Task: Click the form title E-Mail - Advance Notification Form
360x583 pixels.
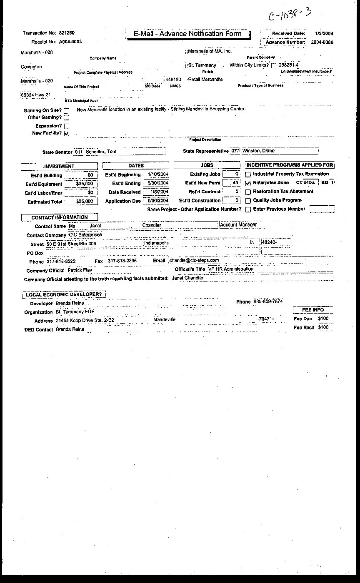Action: [x=187, y=34]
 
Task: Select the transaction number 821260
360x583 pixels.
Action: [x=67, y=33]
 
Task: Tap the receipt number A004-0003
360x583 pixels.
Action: [x=70, y=42]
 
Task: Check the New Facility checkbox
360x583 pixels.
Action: [x=67, y=133]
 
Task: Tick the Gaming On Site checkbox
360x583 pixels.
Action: [x=67, y=111]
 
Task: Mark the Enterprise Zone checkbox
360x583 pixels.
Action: [x=248, y=183]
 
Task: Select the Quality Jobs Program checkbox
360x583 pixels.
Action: [x=248, y=201]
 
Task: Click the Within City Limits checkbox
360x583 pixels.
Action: [x=274, y=65]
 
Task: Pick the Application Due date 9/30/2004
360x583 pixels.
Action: [x=156, y=201]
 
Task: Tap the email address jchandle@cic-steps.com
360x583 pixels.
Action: [x=193, y=261]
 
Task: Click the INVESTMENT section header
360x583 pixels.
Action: [x=59, y=166]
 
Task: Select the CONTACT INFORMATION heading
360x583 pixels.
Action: [x=60, y=217]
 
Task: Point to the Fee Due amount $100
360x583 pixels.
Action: [x=323, y=319]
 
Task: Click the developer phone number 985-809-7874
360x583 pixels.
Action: [x=268, y=301]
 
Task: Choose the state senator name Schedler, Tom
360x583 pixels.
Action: [x=101, y=152]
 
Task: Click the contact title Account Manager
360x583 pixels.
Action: [x=238, y=225]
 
